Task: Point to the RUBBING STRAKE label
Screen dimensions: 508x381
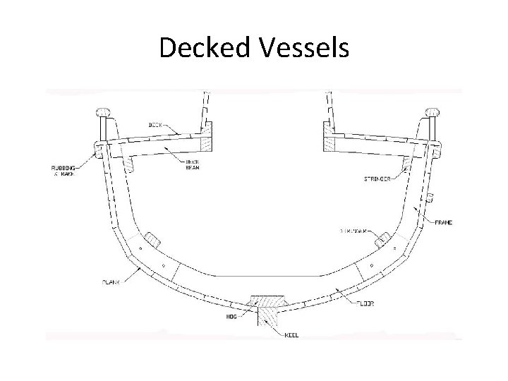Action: pyautogui.click(x=62, y=171)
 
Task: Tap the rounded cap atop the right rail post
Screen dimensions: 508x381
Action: pyautogui.click(x=433, y=111)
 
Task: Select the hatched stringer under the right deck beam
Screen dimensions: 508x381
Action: pyautogui.click(x=408, y=164)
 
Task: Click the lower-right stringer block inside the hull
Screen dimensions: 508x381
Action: pyautogui.click(x=383, y=240)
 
